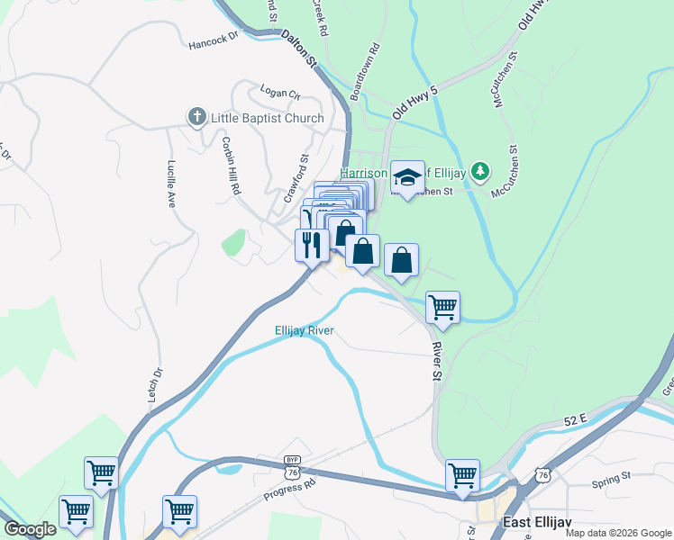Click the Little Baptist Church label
[267, 118]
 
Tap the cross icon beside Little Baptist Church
[196, 117]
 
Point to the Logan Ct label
[279, 91]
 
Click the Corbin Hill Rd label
[232, 166]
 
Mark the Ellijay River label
[305, 330]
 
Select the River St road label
[438, 358]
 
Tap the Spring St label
[613, 483]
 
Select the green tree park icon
[480, 170]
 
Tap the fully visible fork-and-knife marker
[312, 244]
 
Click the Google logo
[31, 529]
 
